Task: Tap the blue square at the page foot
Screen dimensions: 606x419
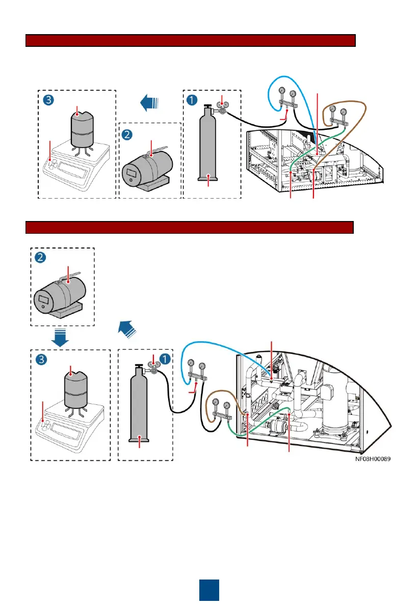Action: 209,590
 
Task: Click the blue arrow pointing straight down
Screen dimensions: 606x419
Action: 60,337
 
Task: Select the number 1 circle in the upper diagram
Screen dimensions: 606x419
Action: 192,99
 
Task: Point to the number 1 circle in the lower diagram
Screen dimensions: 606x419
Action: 164,359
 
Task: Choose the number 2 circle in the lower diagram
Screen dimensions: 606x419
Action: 40,258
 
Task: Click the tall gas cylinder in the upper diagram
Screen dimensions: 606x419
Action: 208,148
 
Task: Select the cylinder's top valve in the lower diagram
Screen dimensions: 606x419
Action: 138,366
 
